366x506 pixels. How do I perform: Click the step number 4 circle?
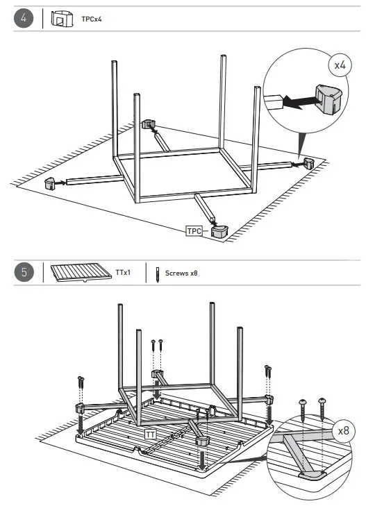point(24,19)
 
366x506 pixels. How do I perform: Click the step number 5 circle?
point(24,273)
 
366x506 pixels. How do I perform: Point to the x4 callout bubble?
point(339,65)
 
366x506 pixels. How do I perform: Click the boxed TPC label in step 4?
point(194,230)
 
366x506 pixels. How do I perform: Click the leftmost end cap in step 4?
point(50,183)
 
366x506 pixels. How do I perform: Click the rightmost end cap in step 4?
point(308,164)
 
